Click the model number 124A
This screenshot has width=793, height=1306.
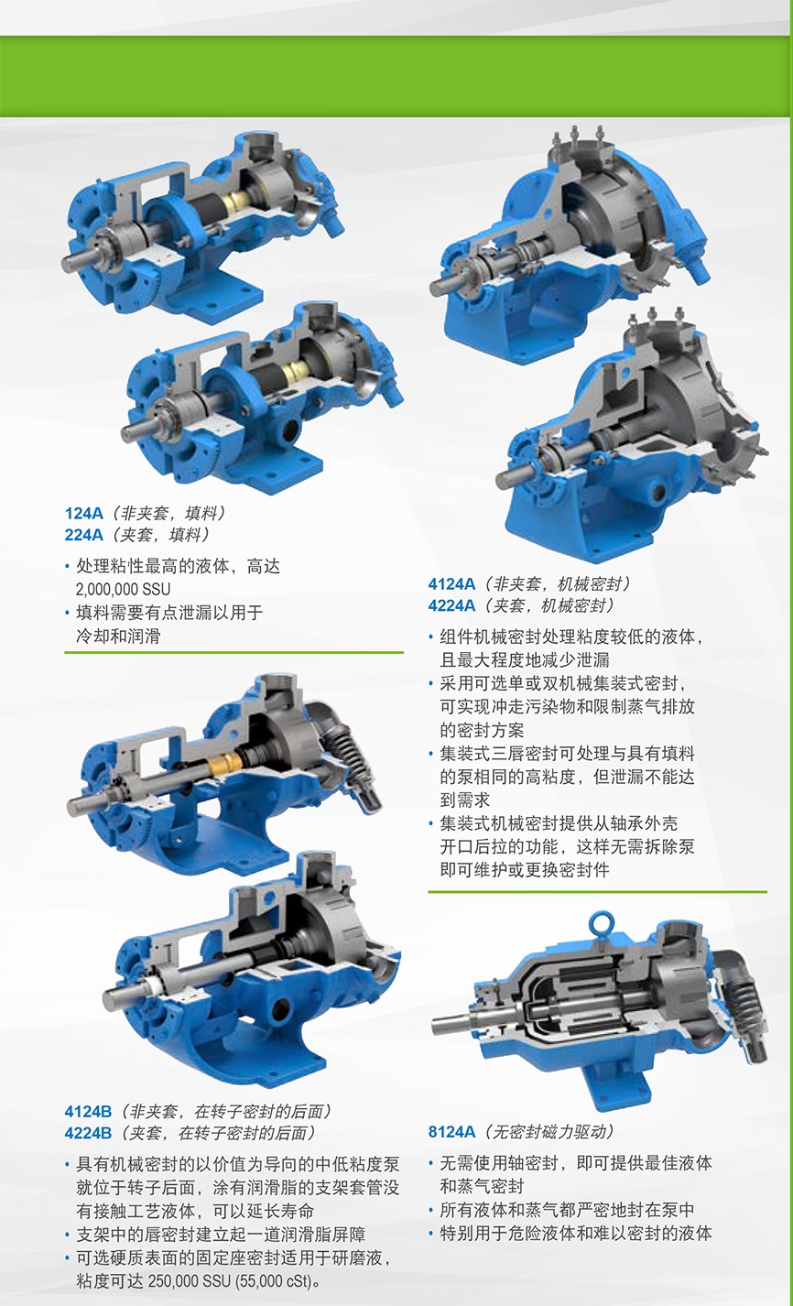point(83,513)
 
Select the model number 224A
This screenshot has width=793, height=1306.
point(83,535)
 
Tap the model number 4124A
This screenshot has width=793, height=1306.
point(451,583)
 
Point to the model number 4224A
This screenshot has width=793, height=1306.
point(451,605)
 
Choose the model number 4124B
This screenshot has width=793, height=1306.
point(88,1111)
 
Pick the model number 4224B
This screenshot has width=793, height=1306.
point(88,1132)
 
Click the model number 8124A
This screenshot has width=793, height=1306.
point(451,1132)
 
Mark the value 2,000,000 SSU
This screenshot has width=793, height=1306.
point(123,589)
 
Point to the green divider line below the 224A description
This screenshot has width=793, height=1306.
point(234,652)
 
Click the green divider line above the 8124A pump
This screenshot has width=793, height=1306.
point(598,891)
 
